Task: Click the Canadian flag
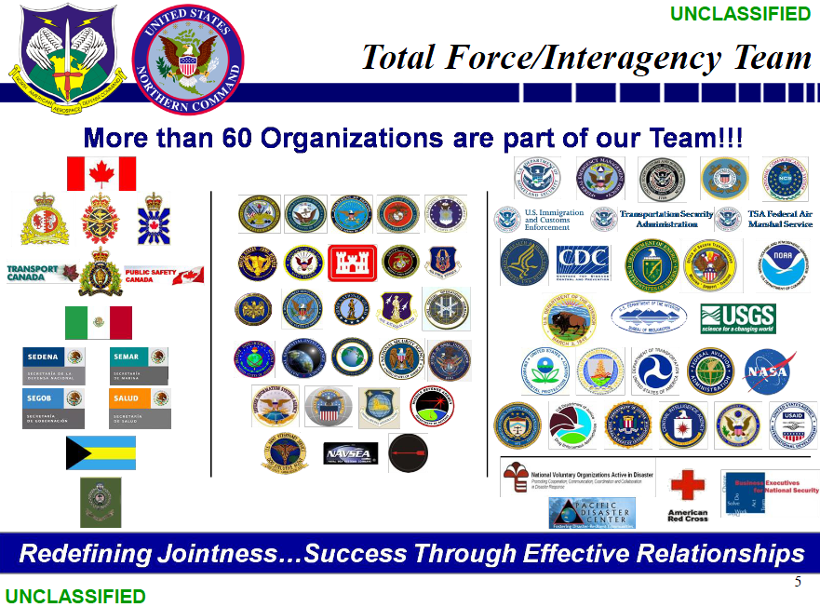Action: coord(101,173)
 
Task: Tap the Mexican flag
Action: coord(99,322)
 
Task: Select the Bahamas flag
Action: coord(101,452)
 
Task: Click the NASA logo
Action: coord(770,371)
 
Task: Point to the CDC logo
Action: coord(583,263)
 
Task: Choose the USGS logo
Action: coord(737,318)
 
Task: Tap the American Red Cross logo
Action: coord(688,493)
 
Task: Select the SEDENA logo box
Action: coord(53,365)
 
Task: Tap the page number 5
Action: coord(798,583)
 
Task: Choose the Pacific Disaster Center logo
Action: coord(592,512)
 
